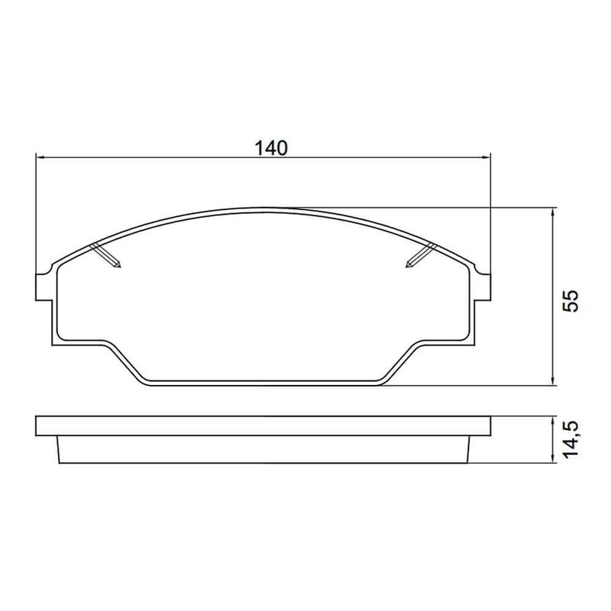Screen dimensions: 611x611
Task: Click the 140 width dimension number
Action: [x=271, y=147]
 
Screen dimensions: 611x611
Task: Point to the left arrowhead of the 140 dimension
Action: [x=41, y=158]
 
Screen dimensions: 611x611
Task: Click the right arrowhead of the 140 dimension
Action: [x=485, y=158]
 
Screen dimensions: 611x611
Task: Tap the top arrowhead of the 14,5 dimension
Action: [x=552, y=420]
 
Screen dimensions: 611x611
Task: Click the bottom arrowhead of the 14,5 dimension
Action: [x=552, y=459]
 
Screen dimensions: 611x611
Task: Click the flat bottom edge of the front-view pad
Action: [x=263, y=383]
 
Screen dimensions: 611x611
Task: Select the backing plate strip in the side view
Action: [x=263, y=426]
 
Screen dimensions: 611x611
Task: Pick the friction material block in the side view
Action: [x=263, y=450]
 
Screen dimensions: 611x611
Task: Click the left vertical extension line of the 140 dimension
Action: [x=36, y=214]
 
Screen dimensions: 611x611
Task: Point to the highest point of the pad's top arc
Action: [x=263, y=207]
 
